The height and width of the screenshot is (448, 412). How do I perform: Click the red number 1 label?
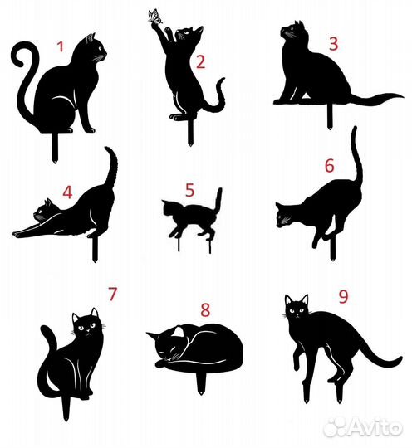[x=59, y=46]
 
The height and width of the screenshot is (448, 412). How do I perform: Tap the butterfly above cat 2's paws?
[x=154, y=17]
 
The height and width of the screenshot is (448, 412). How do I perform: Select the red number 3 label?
[x=332, y=43]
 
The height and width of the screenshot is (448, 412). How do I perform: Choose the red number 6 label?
[x=329, y=165]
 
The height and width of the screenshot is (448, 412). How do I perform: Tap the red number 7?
[x=112, y=294]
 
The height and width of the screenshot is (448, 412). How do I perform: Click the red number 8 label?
[x=205, y=309]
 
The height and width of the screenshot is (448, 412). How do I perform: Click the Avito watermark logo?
[x=364, y=426]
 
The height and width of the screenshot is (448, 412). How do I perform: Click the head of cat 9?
[x=296, y=310]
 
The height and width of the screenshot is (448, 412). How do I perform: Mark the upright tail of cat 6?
[x=356, y=158]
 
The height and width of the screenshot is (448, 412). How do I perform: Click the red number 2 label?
[x=199, y=61]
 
